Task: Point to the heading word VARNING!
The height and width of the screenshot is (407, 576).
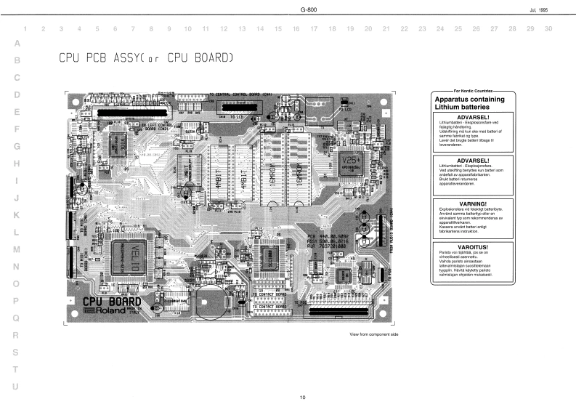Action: (x=473, y=203)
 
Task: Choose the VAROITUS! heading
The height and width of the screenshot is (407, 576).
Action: (x=473, y=247)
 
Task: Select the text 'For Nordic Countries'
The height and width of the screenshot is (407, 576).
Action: (x=474, y=92)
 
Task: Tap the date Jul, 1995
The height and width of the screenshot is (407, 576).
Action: (x=548, y=9)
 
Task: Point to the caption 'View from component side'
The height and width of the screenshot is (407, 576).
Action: (x=375, y=334)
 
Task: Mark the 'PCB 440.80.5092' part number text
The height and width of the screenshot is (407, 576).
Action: (x=328, y=236)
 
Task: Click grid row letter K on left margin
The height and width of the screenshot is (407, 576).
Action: (x=16, y=215)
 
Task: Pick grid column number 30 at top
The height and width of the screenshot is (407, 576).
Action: (x=548, y=28)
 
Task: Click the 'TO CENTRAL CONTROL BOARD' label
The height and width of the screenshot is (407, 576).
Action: (x=241, y=94)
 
